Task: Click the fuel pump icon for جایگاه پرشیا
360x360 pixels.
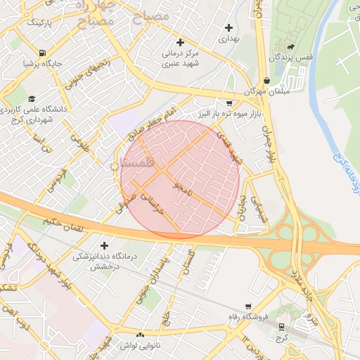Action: tap(44, 53)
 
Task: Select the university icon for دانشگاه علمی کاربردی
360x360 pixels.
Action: tap(32, 98)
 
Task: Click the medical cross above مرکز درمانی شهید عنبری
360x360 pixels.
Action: tap(181, 42)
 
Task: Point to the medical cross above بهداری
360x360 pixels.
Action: tap(229, 27)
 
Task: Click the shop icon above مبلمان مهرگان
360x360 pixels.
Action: tap(266, 80)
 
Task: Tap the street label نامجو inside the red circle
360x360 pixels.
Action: tap(181, 188)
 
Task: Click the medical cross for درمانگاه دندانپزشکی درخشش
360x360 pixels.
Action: tap(105, 245)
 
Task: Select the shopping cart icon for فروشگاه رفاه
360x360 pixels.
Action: tap(248, 306)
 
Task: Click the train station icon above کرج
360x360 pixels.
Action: tap(282, 326)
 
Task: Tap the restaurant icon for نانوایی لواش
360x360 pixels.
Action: tap(140, 335)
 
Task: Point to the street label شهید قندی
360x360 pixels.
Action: tap(228, 148)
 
